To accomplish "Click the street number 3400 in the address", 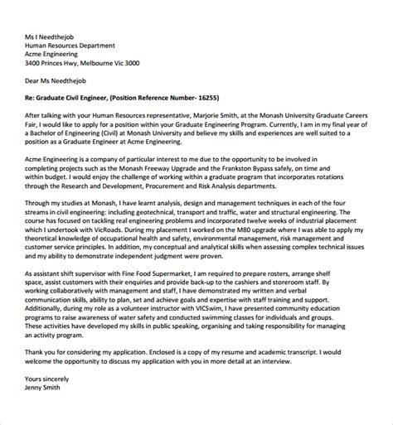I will (35, 63).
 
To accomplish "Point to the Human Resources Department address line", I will (78, 45).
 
